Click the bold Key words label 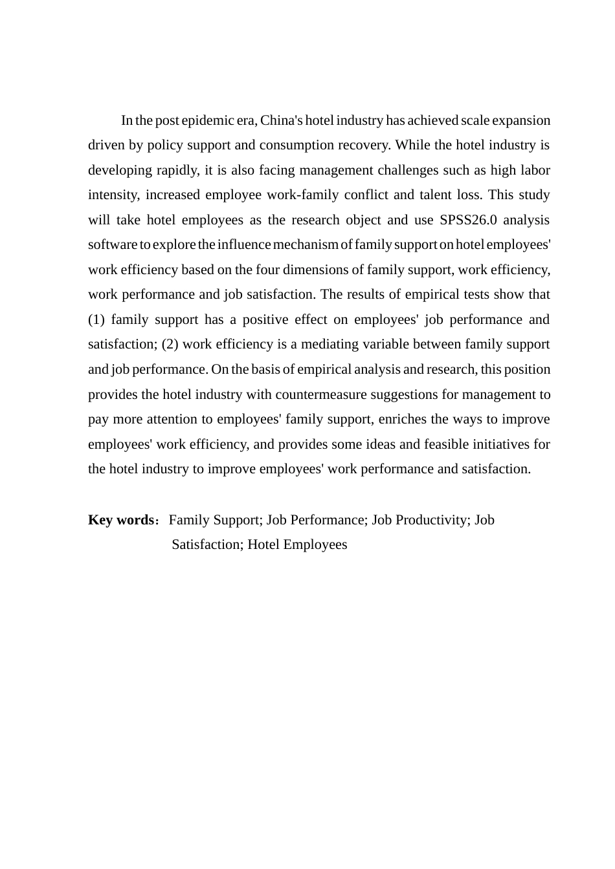120,520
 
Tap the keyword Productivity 432,520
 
